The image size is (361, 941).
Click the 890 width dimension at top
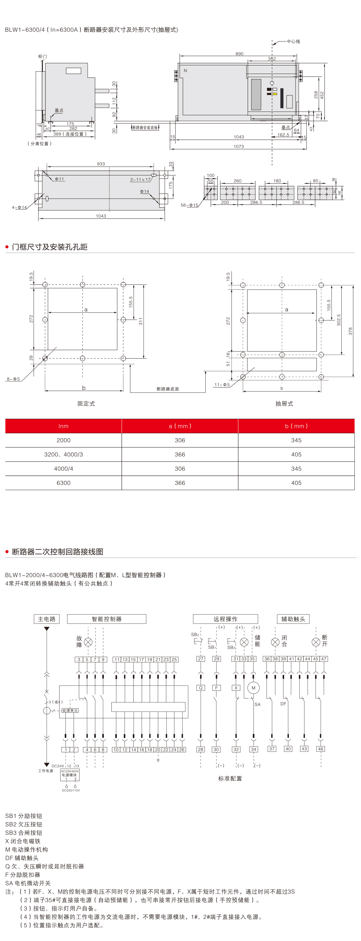click(239, 54)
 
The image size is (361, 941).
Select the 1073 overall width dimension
click(239, 146)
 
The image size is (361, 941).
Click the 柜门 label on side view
click(43, 57)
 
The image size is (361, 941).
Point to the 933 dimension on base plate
click(101, 164)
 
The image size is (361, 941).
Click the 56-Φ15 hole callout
click(189, 205)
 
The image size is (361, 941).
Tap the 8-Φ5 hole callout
click(13, 379)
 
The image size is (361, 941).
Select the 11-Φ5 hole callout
click(222, 385)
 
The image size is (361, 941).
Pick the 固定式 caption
click(86, 404)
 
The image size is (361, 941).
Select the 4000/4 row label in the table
click(63, 469)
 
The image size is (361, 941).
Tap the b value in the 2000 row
click(296, 440)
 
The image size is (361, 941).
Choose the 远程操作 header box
click(225, 619)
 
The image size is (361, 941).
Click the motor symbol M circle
click(253, 688)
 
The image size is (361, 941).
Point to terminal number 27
click(200, 659)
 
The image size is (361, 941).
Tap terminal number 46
click(321, 749)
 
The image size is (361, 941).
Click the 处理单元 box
click(70, 711)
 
